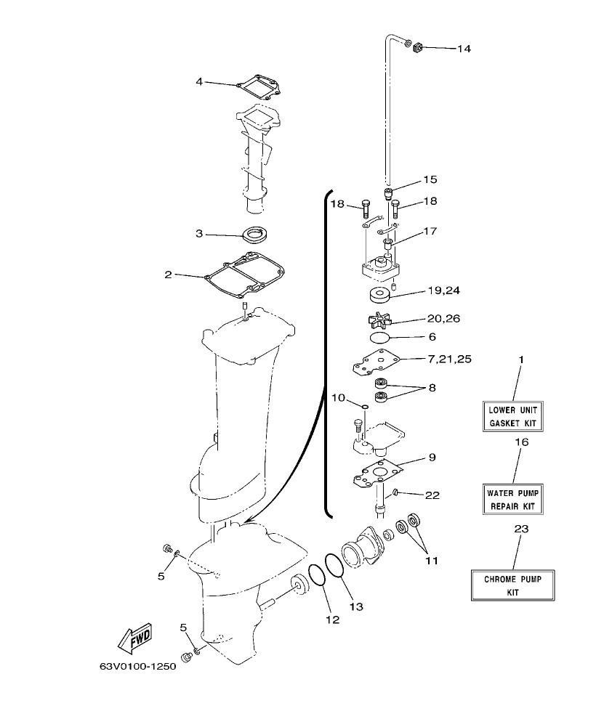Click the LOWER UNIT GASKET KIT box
point(515,416)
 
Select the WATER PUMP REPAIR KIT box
point(515,498)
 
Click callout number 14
point(463,49)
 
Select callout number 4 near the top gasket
point(199,81)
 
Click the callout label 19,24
point(443,290)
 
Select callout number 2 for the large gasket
point(168,275)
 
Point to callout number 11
point(432,560)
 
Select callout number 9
point(432,458)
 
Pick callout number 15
point(430,179)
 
